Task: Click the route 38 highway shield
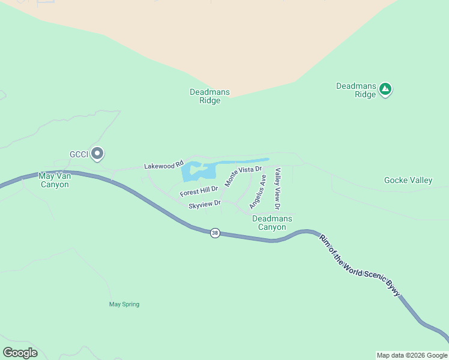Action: pyautogui.click(x=215, y=233)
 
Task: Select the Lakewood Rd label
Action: pyautogui.click(x=163, y=165)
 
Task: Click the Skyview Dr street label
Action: pyautogui.click(x=205, y=205)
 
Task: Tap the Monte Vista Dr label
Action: pyautogui.click(x=244, y=175)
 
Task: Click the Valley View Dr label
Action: pyautogui.click(x=278, y=188)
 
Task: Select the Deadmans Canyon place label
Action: pyautogui.click(x=272, y=223)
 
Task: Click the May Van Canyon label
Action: pyautogui.click(x=54, y=180)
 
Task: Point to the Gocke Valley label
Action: pyautogui.click(x=408, y=181)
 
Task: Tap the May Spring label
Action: pyautogui.click(x=124, y=304)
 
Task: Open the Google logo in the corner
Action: pyautogui.click(x=20, y=353)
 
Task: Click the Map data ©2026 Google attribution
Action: pyautogui.click(x=412, y=355)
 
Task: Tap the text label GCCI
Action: pyautogui.click(x=79, y=154)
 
